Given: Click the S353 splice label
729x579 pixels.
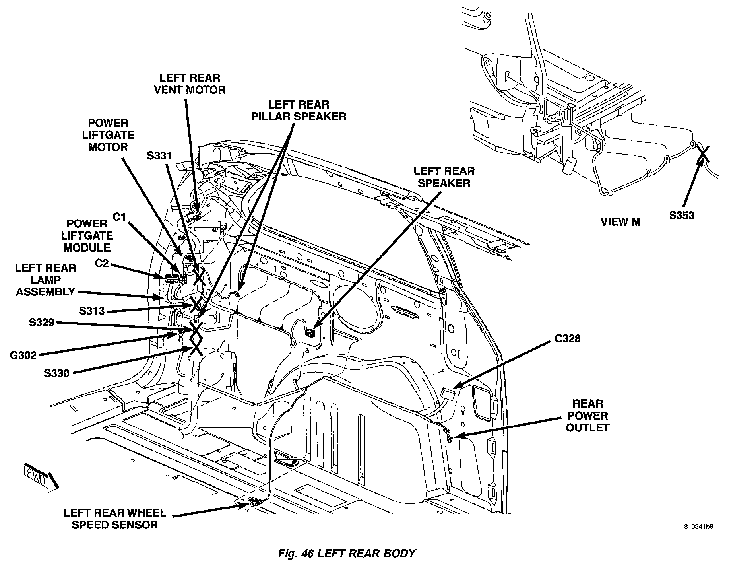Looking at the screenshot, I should click(x=681, y=216).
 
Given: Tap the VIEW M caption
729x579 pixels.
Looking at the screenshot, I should click(x=620, y=221).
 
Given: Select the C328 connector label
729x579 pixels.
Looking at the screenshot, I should click(x=567, y=338).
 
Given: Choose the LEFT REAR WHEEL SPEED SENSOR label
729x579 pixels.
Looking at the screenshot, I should click(x=114, y=519).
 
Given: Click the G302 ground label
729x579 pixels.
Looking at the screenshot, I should click(x=23, y=355).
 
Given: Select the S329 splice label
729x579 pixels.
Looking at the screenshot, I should click(x=41, y=322).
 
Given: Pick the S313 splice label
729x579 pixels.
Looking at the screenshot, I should click(x=92, y=311).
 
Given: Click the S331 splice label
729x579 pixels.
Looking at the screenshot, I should click(x=159, y=156).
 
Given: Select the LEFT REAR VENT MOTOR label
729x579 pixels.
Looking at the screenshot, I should click(x=190, y=84).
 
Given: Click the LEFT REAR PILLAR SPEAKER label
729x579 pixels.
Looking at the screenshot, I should click(x=299, y=110).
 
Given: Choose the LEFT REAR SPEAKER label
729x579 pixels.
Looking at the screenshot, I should click(x=444, y=177).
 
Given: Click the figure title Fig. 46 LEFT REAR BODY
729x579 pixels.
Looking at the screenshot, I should click(x=347, y=553).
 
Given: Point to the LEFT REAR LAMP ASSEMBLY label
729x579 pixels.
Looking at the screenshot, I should click(x=45, y=280).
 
